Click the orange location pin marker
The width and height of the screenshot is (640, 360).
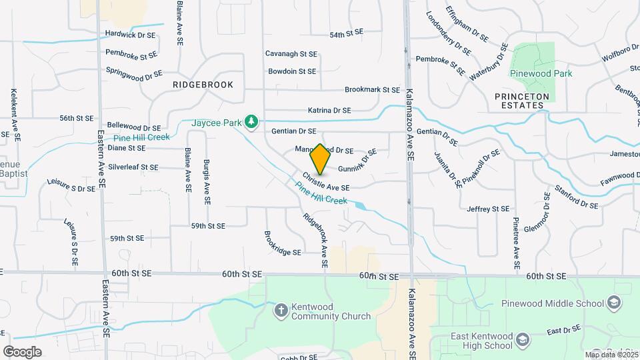(320, 159)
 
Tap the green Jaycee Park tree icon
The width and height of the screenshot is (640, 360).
(251, 121)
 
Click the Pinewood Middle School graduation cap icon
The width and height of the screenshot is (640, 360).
(613, 304)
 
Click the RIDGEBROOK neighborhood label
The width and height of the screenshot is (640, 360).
(203, 85)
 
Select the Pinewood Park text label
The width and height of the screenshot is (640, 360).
(541, 74)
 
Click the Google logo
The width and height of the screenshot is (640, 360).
(22, 351)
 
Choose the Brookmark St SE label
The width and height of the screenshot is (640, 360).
(372, 89)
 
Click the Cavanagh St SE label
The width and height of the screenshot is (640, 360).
(291, 53)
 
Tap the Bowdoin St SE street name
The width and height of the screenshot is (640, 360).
(292, 71)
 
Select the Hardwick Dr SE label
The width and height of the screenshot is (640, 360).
(130, 34)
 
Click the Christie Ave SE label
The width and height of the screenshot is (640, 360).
(326, 183)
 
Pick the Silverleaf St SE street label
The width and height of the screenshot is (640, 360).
(133, 167)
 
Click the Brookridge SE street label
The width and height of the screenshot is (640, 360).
(283, 243)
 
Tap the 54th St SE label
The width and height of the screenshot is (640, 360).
(346, 33)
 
